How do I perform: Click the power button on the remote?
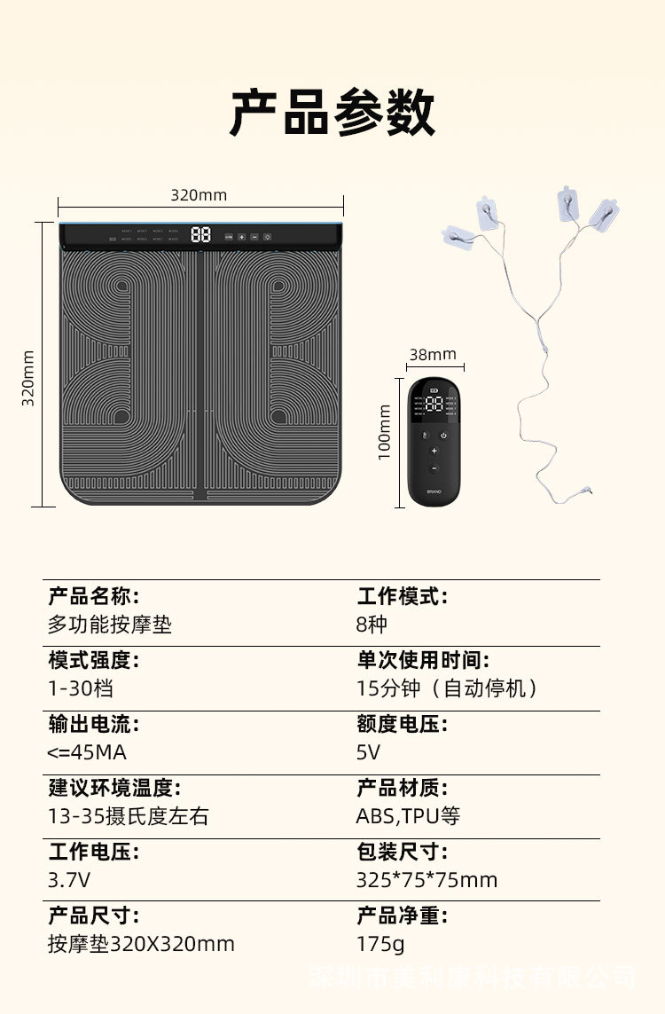[443, 435]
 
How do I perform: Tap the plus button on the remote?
[434, 452]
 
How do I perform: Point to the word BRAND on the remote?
[434, 490]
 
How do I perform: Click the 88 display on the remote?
[434, 404]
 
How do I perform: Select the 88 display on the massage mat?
[201, 235]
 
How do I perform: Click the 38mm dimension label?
[433, 355]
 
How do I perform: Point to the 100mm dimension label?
[385, 432]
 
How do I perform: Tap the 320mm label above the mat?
[199, 195]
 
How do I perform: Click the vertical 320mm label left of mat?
[28, 378]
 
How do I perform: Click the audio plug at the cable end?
[586, 490]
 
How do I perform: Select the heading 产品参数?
[332, 113]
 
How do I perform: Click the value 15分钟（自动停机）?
[448, 688]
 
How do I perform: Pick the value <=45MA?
[87, 752]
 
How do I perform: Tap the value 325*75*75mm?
[426, 880]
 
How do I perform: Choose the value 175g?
[380, 943]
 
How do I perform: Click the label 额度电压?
[402, 724]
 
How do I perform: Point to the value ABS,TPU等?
[408, 816]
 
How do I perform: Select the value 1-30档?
[80, 688]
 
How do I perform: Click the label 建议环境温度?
[114, 788]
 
